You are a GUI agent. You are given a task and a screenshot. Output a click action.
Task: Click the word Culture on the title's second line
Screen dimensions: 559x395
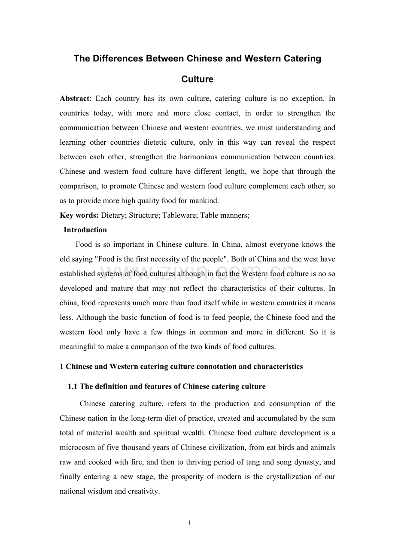[197, 79]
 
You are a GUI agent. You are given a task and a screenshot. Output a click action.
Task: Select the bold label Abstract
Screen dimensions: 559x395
[74, 99]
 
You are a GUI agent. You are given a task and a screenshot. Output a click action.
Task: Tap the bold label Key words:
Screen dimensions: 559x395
[79, 216]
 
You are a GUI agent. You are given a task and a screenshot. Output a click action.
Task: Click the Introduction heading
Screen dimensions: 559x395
[85, 230]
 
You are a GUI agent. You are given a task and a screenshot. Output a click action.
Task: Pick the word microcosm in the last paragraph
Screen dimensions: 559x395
[78, 447]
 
